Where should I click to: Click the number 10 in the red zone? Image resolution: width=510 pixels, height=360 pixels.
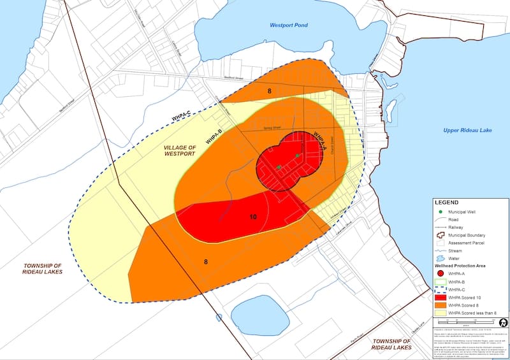coord(253,217)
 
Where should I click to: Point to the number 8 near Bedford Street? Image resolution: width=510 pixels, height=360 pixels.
coord(270,92)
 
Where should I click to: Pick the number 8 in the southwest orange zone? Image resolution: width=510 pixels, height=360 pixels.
coord(205,261)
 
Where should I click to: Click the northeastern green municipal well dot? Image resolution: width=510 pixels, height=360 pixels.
coord(297,155)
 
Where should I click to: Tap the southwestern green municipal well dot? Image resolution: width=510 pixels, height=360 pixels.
coord(279,168)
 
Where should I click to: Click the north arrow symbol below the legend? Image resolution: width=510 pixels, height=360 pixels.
coord(502,322)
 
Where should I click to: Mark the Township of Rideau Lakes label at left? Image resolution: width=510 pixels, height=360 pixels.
coord(40,268)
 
